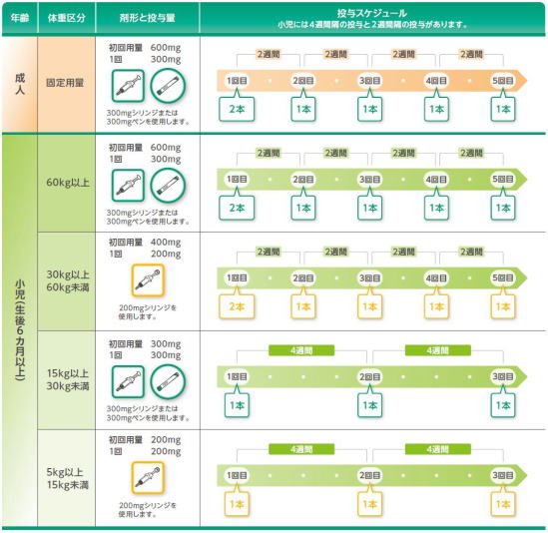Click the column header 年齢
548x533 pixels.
pos(20,18)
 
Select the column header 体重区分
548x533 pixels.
pos(67,18)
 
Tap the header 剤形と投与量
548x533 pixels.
pos(147,18)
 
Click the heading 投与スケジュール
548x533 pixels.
pos(372,13)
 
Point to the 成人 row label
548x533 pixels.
pos(20,84)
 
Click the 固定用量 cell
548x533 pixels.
pos(65,83)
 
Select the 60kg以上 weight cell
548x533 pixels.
pos(68,183)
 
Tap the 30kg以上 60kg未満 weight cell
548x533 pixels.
pos(68,281)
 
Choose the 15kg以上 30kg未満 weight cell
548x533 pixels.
pos(68,379)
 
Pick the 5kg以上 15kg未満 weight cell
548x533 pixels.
pos(68,478)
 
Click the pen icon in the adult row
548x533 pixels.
pos(168,86)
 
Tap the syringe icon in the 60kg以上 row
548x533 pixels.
pos(128,186)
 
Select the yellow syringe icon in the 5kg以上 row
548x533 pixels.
pos(148,477)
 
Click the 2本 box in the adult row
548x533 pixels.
pos(237,109)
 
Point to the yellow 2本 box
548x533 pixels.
pos(237,306)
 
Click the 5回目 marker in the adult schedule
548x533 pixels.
pos(503,81)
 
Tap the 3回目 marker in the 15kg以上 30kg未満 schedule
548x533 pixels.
pos(503,376)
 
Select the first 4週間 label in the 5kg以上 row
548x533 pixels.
pos(301,449)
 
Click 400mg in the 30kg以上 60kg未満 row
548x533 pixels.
pos(166,243)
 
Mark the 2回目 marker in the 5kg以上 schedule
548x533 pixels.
pos(369,475)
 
